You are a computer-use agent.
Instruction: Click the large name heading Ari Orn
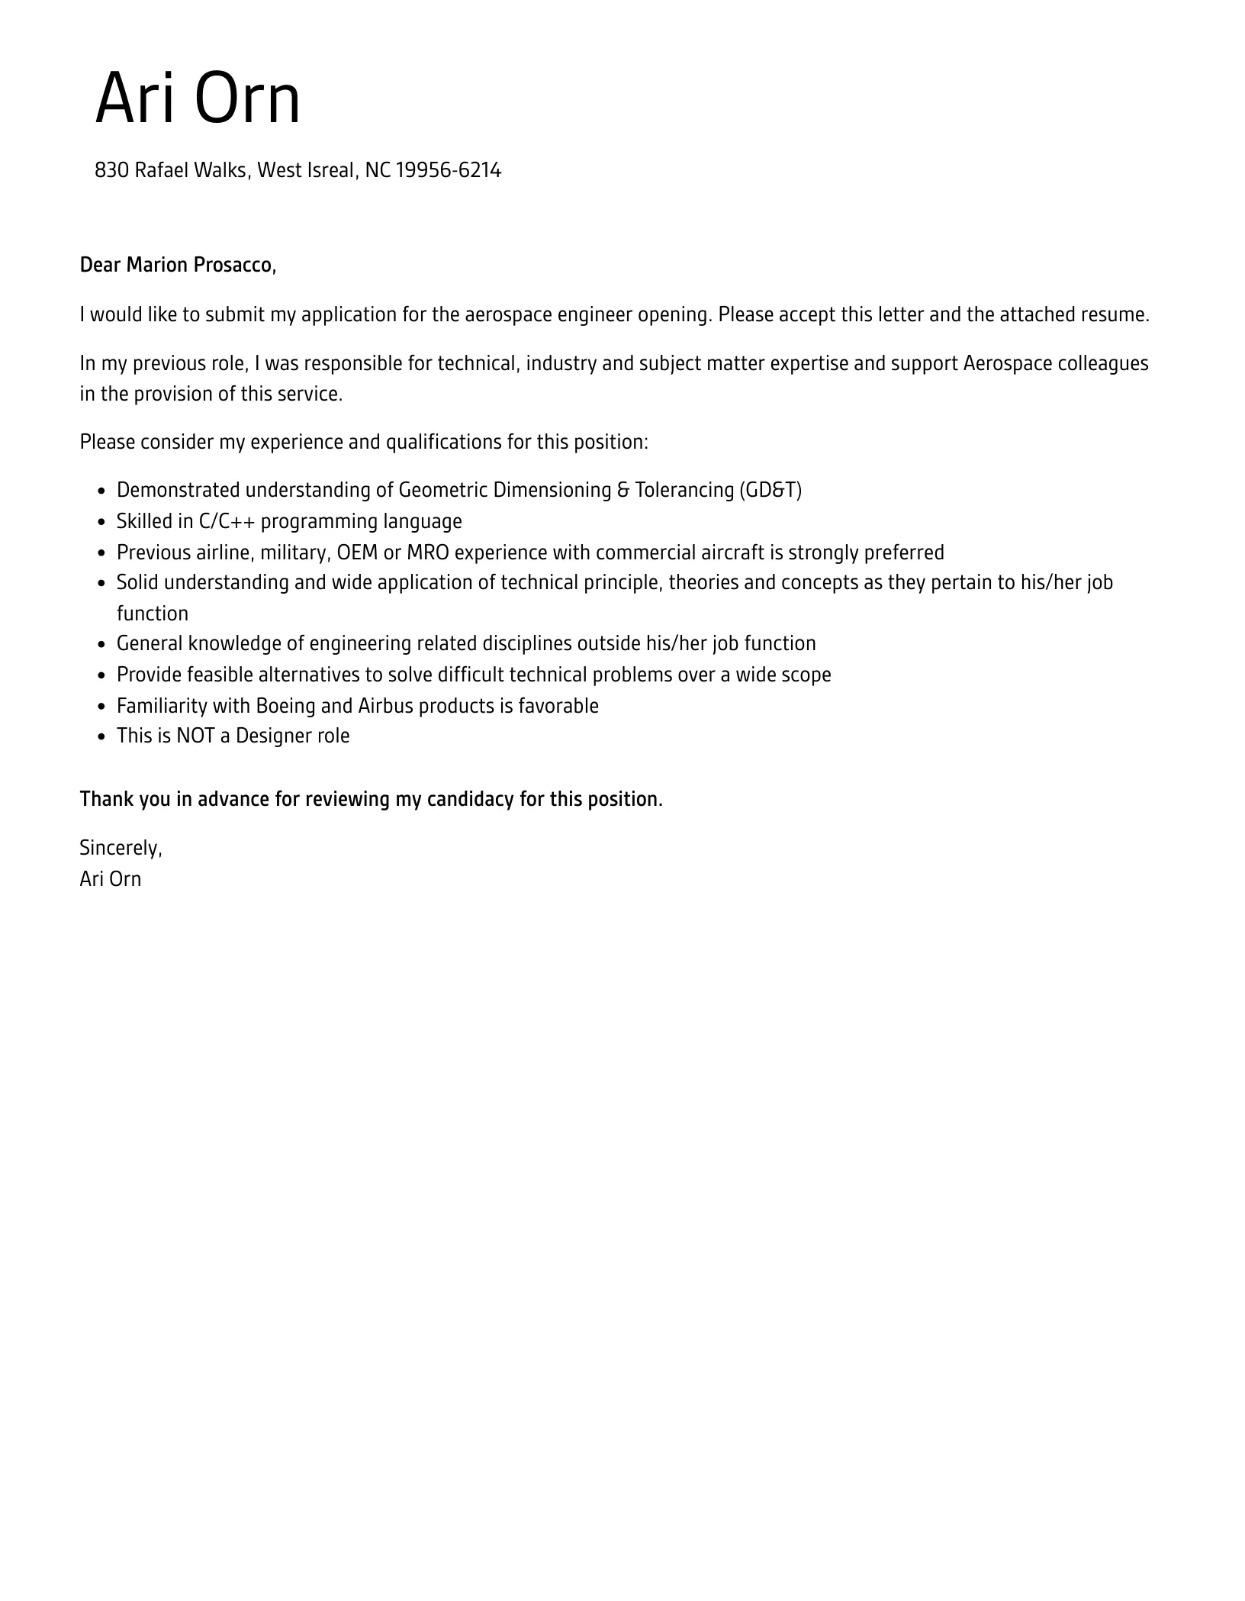tap(198, 98)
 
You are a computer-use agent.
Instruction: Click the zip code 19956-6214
tap(449, 170)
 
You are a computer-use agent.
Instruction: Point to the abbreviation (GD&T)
tap(770, 490)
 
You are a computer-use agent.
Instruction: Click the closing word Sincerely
tap(120, 848)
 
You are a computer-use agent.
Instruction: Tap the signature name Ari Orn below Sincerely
tap(111, 879)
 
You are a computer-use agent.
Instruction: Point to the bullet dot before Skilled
tap(102, 523)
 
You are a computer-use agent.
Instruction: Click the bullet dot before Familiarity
tap(102, 707)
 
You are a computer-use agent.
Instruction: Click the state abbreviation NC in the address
tap(378, 170)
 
